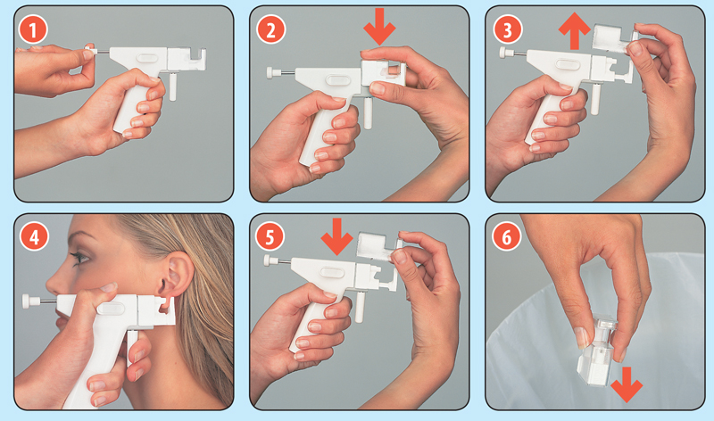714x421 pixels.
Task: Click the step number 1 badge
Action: click(x=33, y=30)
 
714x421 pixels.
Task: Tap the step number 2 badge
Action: click(x=270, y=30)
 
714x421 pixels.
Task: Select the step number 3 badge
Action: click(x=507, y=30)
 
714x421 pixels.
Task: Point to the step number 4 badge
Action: click(x=33, y=236)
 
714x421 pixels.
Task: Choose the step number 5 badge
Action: click(x=270, y=236)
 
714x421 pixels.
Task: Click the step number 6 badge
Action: click(x=506, y=236)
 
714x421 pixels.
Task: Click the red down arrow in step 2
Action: click(x=379, y=27)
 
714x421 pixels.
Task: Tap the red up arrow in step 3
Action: click(x=575, y=30)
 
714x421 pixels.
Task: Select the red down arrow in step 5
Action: click(x=337, y=236)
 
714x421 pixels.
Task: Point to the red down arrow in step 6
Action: click(x=627, y=384)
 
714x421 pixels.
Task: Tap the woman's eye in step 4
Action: click(x=80, y=258)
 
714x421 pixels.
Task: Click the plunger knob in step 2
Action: click(x=272, y=73)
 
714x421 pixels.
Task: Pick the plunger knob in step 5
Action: click(x=270, y=260)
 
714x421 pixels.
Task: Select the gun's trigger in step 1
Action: click(x=172, y=86)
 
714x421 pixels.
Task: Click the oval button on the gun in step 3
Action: click(x=568, y=64)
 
